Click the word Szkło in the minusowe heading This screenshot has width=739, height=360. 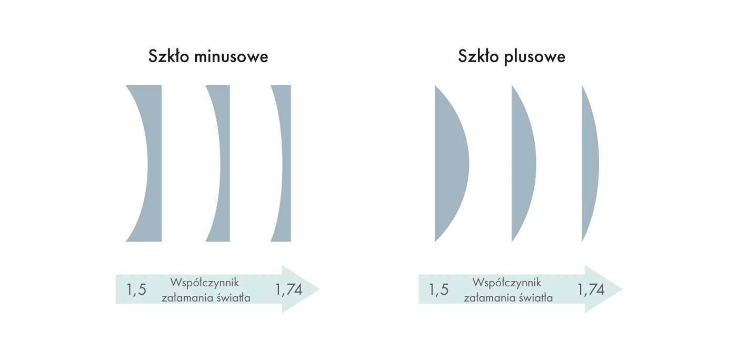[x=168, y=56]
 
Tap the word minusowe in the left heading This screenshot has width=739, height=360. [x=231, y=57]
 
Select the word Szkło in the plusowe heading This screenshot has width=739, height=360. [x=478, y=56]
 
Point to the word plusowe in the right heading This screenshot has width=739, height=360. [x=535, y=57]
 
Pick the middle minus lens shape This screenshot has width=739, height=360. [x=225, y=163]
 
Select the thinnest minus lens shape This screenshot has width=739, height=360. [x=286, y=163]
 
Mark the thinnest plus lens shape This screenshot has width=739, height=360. [x=591, y=163]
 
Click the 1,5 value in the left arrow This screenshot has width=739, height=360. [x=136, y=289]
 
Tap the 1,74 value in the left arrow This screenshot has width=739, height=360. [x=288, y=289]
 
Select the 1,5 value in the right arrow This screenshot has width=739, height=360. [x=439, y=289]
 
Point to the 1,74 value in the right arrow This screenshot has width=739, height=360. [x=591, y=289]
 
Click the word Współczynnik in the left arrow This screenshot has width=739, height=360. [x=205, y=283]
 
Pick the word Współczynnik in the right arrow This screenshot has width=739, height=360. [x=507, y=283]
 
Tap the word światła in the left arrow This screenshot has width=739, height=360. [x=234, y=297]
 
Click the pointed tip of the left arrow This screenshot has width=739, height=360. [x=319, y=289]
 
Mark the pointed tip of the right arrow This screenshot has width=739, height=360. [x=622, y=289]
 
